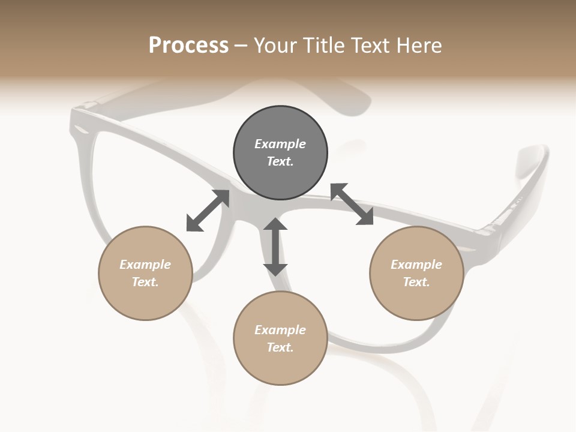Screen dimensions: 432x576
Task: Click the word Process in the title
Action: click(x=188, y=46)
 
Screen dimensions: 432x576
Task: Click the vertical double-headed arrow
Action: click(x=275, y=247)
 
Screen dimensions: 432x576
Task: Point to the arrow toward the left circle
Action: click(x=208, y=211)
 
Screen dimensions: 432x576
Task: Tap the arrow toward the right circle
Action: click(x=352, y=204)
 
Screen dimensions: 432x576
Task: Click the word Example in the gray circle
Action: click(x=280, y=144)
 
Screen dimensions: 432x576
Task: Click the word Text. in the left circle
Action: click(x=145, y=282)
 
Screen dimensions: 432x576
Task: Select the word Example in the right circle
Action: click(x=416, y=265)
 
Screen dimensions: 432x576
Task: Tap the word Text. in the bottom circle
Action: click(x=280, y=347)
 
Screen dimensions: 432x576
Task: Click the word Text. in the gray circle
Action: click(x=280, y=161)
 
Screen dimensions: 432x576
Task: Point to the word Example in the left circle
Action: click(x=145, y=265)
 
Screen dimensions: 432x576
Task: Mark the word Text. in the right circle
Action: click(x=416, y=282)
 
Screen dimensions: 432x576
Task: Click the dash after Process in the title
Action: click(x=241, y=46)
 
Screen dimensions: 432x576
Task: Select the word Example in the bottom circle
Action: click(x=280, y=330)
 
